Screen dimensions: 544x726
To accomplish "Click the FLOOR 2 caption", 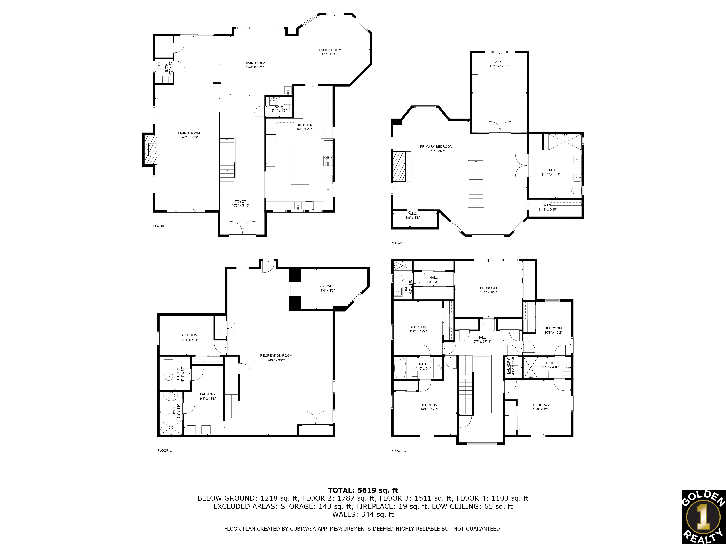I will [x=160, y=226].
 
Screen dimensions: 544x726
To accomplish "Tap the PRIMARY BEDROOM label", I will [x=436, y=147].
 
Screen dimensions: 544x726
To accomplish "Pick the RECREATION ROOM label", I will [x=276, y=355].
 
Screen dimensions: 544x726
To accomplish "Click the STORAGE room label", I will [x=327, y=286].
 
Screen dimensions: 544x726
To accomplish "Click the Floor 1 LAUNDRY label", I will [x=208, y=394].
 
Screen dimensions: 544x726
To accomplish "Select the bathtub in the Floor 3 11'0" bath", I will [x=400, y=368].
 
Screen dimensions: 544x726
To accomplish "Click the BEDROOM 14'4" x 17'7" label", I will [x=429, y=405].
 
